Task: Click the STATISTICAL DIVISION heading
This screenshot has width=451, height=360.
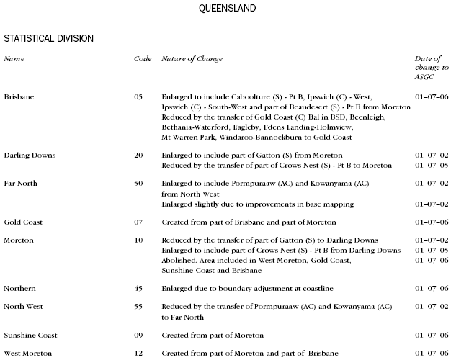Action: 48,37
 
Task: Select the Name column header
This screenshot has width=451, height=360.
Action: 14,58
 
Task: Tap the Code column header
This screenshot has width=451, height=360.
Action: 142,58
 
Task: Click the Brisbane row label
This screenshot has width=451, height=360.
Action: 19,96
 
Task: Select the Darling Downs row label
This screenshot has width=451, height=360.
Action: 30,156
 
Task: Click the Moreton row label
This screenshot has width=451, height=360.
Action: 19,240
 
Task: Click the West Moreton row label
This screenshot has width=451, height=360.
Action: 27,354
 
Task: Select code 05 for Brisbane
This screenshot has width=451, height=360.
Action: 138,96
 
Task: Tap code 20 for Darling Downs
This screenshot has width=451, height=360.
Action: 138,156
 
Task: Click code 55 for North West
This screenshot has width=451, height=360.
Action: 138,307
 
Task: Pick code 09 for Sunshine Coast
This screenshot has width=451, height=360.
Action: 138,336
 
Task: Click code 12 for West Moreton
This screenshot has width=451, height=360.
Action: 138,354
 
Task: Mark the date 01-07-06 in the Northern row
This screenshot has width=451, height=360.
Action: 432,288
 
